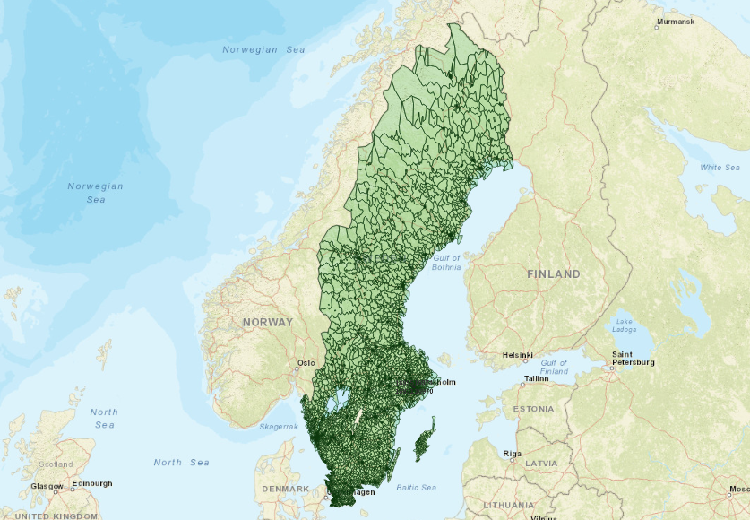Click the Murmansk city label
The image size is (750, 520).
click(675, 21)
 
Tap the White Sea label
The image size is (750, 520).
click(720, 168)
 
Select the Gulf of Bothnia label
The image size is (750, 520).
click(446, 263)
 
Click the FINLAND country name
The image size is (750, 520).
click(553, 273)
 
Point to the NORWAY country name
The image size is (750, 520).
click(267, 322)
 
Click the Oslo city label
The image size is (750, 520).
click(306, 363)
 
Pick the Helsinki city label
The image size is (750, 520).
click(518, 354)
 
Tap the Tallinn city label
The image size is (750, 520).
click(537, 378)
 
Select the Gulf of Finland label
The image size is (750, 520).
click(554, 366)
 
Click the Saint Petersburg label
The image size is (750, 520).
click(633, 359)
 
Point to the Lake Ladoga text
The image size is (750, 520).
click(625, 325)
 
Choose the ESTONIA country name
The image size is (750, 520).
click(534, 409)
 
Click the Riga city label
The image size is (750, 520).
click(512, 454)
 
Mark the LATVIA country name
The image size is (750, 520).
click(541, 463)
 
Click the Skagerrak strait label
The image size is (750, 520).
click(279, 427)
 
